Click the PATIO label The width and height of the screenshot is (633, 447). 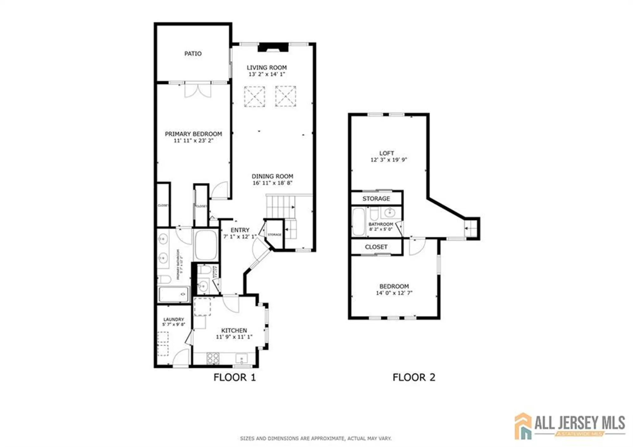pyautogui.click(x=193, y=54)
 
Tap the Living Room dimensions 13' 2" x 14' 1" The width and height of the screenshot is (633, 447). pyautogui.click(x=266, y=74)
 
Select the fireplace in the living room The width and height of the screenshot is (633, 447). pyautogui.click(x=273, y=47)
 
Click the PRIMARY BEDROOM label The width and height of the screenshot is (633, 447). pyautogui.click(x=193, y=134)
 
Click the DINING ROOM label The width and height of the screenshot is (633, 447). pyautogui.click(x=272, y=176)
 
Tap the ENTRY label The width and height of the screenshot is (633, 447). pyautogui.click(x=240, y=230)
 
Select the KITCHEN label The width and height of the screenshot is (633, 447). pyautogui.click(x=234, y=331)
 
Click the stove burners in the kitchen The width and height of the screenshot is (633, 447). pyautogui.click(x=213, y=358)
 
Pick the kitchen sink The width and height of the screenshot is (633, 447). pyautogui.click(x=241, y=359)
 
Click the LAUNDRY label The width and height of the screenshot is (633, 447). pyautogui.click(x=173, y=319)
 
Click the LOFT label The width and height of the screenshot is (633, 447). pyautogui.click(x=386, y=153)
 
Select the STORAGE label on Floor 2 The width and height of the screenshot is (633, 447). pyautogui.click(x=376, y=198)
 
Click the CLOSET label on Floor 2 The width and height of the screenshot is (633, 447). pyautogui.click(x=376, y=247)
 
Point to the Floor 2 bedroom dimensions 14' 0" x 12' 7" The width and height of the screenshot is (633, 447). pyautogui.click(x=394, y=293)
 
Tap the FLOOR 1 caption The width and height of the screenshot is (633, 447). pyautogui.click(x=234, y=377)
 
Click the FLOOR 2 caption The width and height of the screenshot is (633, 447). pyautogui.click(x=414, y=377)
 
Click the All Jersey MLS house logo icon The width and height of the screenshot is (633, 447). pyautogui.click(x=523, y=426)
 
